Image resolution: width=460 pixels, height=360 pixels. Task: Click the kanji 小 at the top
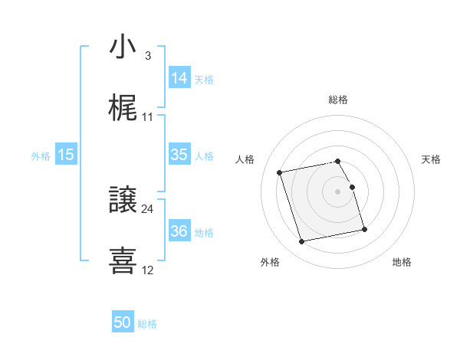pyautogui.click(x=123, y=47)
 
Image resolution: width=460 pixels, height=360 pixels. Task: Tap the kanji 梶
pyautogui.click(x=123, y=110)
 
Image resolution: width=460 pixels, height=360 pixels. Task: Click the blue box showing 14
pyautogui.click(x=179, y=78)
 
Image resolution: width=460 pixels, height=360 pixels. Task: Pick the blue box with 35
pyautogui.click(x=179, y=155)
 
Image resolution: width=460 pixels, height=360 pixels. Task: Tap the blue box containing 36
pyautogui.click(x=179, y=231)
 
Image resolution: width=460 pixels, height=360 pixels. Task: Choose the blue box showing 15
pyautogui.click(x=66, y=155)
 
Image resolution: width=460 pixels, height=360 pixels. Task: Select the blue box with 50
pyautogui.click(x=123, y=323)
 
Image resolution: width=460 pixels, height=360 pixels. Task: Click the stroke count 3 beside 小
pyautogui.click(x=147, y=56)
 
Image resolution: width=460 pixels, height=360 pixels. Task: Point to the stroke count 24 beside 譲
pyautogui.click(x=148, y=208)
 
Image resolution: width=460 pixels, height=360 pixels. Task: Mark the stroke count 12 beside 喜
pyautogui.click(x=148, y=270)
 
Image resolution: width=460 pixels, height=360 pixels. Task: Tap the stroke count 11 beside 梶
pyautogui.click(x=148, y=117)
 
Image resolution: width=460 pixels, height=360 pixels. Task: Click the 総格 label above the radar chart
pyautogui.click(x=338, y=100)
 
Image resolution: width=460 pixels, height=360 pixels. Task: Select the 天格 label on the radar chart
pyautogui.click(x=431, y=159)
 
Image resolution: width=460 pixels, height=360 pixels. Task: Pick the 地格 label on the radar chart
pyautogui.click(x=402, y=262)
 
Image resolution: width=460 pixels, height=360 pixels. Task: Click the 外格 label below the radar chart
pyautogui.click(x=270, y=262)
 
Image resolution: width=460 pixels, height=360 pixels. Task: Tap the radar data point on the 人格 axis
pyautogui.click(x=280, y=172)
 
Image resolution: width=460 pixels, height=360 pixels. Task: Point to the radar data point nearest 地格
pyautogui.click(x=364, y=229)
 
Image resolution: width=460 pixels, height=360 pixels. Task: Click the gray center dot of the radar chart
pyautogui.click(x=338, y=191)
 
